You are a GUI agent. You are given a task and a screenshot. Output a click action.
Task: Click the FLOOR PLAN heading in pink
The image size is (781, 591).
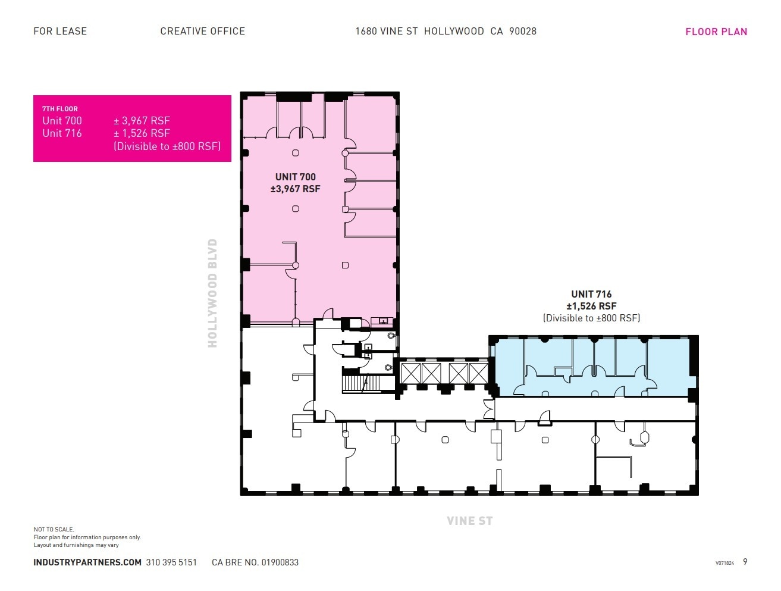tap(716, 32)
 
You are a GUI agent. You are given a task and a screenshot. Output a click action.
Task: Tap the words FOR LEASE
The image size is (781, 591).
tap(60, 31)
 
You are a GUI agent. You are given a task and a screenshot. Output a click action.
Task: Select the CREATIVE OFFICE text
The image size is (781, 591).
tap(202, 31)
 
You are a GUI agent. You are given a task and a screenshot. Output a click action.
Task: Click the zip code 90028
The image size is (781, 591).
tap(522, 31)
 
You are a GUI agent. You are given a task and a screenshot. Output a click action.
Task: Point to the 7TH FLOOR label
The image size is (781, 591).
tap(59, 109)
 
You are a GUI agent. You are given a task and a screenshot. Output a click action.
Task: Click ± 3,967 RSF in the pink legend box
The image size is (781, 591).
tap(142, 121)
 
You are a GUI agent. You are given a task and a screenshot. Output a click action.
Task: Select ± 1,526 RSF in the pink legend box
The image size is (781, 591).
tap(142, 133)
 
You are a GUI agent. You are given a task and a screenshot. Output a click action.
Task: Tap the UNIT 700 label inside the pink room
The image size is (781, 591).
tap(295, 177)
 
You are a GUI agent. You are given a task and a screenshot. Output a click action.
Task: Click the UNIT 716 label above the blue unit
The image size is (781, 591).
tap(591, 294)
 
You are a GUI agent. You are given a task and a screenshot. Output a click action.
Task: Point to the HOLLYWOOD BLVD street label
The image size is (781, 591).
tap(212, 293)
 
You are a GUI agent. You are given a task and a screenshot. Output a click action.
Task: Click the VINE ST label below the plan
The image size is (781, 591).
tap(469, 521)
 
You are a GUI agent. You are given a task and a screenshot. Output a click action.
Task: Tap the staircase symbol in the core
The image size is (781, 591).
tap(360, 382)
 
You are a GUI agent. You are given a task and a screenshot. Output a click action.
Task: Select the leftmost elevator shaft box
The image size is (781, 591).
tap(410, 374)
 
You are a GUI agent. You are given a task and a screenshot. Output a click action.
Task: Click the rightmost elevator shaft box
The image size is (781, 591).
tap(478, 374)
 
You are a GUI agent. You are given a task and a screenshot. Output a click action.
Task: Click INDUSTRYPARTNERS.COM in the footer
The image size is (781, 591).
tap(87, 562)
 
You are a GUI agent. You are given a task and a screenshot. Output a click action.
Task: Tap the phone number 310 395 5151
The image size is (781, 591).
tap(171, 562)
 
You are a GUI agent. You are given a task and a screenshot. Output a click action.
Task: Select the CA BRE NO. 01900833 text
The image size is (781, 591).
tap(255, 562)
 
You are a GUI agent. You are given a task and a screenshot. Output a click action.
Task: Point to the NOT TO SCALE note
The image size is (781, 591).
tap(54, 529)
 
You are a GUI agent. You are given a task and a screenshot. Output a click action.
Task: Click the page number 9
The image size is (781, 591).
tap(745, 562)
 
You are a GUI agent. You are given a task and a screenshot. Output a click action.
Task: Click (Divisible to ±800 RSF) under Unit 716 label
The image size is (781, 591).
tap(591, 318)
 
